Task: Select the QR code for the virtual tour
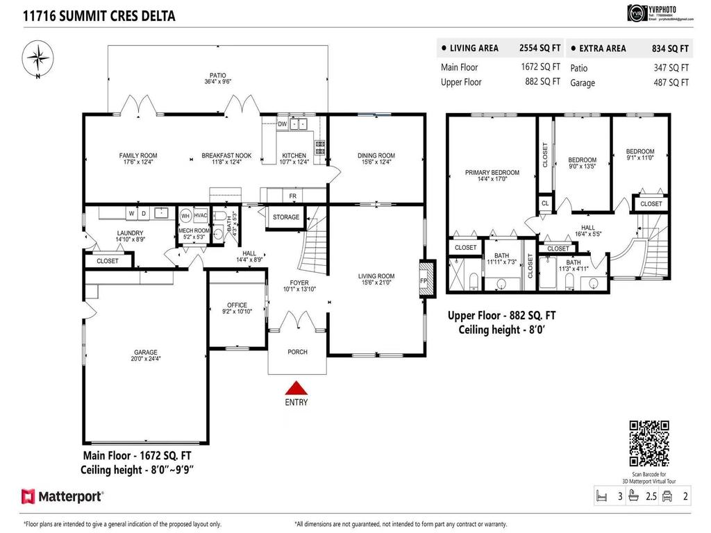click(x=649, y=443)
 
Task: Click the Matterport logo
click(x=62, y=496)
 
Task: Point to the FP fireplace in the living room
click(x=424, y=280)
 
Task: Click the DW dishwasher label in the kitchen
click(x=282, y=124)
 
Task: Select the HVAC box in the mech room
click(x=201, y=216)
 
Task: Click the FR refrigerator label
click(x=293, y=197)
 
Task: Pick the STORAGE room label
click(x=286, y=217)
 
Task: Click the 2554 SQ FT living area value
click(x=539, y=49)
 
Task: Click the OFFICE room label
click(x=237, y=305)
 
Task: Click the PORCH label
click(x=297, y=352)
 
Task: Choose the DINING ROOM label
click(x=376, y=155)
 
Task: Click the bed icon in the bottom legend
click(x=601, y=496)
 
